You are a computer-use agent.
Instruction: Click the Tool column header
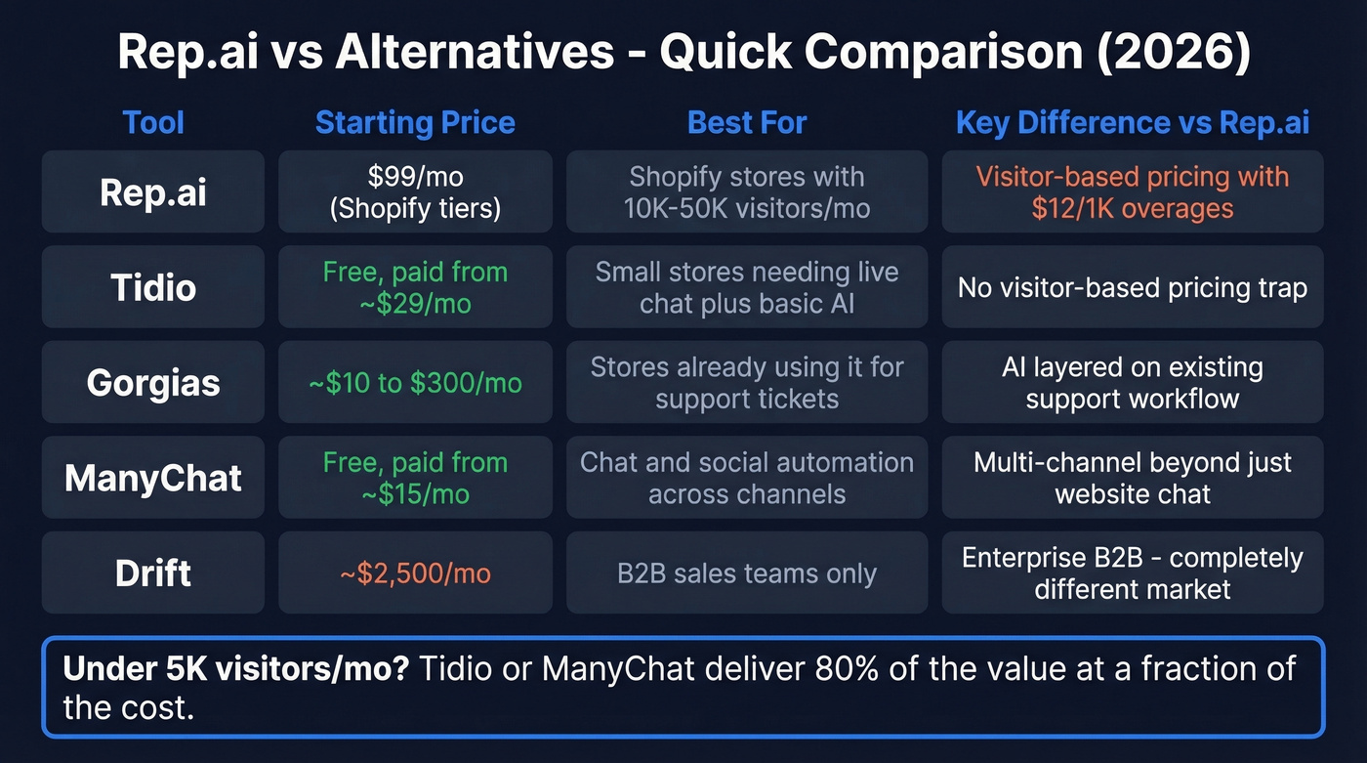(153, 123)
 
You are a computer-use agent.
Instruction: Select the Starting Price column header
(415, 123)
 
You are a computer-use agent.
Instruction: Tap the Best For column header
(747, 123)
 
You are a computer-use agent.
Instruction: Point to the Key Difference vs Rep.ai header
(1133, 123)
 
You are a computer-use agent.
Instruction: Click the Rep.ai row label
(153, 191)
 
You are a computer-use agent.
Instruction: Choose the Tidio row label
(153, 287)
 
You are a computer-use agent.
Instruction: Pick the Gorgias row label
(153, 382)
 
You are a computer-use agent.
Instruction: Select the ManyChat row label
(153, 478)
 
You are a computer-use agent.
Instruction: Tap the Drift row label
(153, 572)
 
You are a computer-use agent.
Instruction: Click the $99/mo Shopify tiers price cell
(415, 191)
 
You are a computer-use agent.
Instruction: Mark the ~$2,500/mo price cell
(415, 573)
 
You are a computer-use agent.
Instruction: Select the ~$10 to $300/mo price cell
(415, 383)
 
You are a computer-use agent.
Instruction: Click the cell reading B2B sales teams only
(747, 573)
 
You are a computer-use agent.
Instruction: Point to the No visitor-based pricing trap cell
(1133, 287)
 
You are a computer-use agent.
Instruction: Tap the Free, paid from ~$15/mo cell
(415, 478)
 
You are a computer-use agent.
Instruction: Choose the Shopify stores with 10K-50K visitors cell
(747, 191)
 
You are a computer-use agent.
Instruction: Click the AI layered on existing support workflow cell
(1133, 382)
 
